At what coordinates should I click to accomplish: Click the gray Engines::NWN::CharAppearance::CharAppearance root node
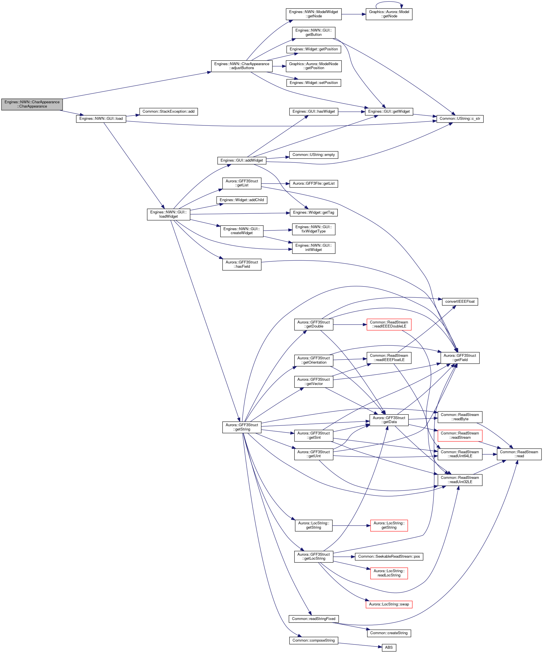coord(32,104)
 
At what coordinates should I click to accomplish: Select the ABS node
coord(389,647)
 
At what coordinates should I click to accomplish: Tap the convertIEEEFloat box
coord(460,301)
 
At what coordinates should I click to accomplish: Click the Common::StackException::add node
coord(168,111)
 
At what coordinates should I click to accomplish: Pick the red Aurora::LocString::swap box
coord(389,604)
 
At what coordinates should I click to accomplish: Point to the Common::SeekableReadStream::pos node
coord(389,556)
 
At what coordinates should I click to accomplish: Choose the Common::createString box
coord(389,633)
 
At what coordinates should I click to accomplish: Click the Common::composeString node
coord(314,640)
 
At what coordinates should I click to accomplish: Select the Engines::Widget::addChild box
coord(242,200)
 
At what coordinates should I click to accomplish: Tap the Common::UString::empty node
coord(314,155)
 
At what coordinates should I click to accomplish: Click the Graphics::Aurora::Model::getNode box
coord(389,14)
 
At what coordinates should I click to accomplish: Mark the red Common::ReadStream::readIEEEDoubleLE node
coord(389,324)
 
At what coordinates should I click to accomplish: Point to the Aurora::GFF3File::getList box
coord(314,184)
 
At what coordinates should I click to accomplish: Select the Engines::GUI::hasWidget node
coord(314,111)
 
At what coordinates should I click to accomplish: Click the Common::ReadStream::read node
coord(519,454)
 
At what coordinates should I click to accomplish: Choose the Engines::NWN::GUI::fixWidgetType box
coord(314,229)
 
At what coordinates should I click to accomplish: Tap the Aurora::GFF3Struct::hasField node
coord(242,264)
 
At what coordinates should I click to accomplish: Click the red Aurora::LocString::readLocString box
coord(389,573)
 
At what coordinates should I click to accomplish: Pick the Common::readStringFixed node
coord(314,619)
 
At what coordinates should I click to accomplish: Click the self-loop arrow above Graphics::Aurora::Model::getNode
coord(389,3)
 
